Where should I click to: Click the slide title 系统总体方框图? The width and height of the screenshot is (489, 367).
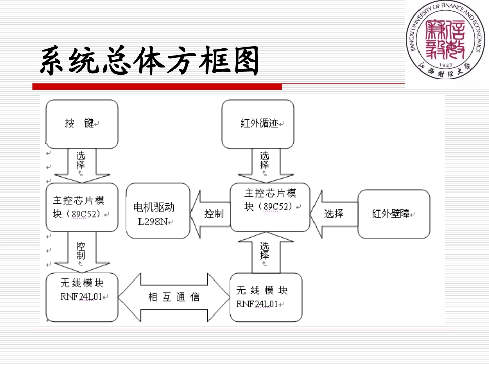tap(149, 62)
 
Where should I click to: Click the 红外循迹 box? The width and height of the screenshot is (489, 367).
tap(258, 124)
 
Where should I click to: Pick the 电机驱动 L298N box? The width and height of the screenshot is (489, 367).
tap(158, 211)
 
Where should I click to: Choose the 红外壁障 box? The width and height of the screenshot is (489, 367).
tap(394, 214)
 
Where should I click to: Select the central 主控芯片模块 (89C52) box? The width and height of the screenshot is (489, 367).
tap(270, 207)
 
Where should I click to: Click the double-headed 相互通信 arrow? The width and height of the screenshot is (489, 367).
tap(174, 297)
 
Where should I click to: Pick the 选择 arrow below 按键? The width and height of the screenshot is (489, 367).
tap(82, 164)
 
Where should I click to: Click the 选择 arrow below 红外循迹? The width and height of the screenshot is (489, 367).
tap(265, 164)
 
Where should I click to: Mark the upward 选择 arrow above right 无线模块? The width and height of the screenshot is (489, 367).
tap(265, 253)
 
